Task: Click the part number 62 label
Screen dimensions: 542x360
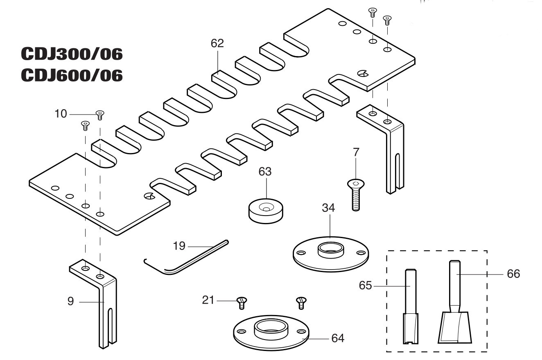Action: click(217, 43)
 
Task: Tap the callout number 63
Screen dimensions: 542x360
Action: click(265, 172)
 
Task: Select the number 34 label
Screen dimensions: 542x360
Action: click(328, 208)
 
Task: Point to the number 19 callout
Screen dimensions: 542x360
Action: click(179, 246)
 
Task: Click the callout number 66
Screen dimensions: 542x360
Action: click(513, 274)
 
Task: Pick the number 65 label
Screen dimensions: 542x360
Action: click(365, 286)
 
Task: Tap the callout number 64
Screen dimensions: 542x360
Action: click(338, 338)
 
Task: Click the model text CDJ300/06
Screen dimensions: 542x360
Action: click(72, 54)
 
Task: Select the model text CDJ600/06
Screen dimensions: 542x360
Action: click(72, 75)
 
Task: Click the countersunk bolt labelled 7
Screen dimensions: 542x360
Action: click(356, 195)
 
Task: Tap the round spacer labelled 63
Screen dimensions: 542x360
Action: click(266, 211)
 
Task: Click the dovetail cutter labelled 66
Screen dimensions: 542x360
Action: click(454, 302)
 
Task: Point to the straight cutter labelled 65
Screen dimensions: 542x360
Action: click(411, 306)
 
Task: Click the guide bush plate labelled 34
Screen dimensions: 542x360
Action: click(330, 254)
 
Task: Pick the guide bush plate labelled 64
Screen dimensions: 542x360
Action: click(271, 333)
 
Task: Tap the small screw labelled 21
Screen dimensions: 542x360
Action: click(242, 303)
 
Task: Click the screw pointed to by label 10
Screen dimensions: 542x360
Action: click(100, 115)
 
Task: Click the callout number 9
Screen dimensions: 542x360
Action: click(70, 301)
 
